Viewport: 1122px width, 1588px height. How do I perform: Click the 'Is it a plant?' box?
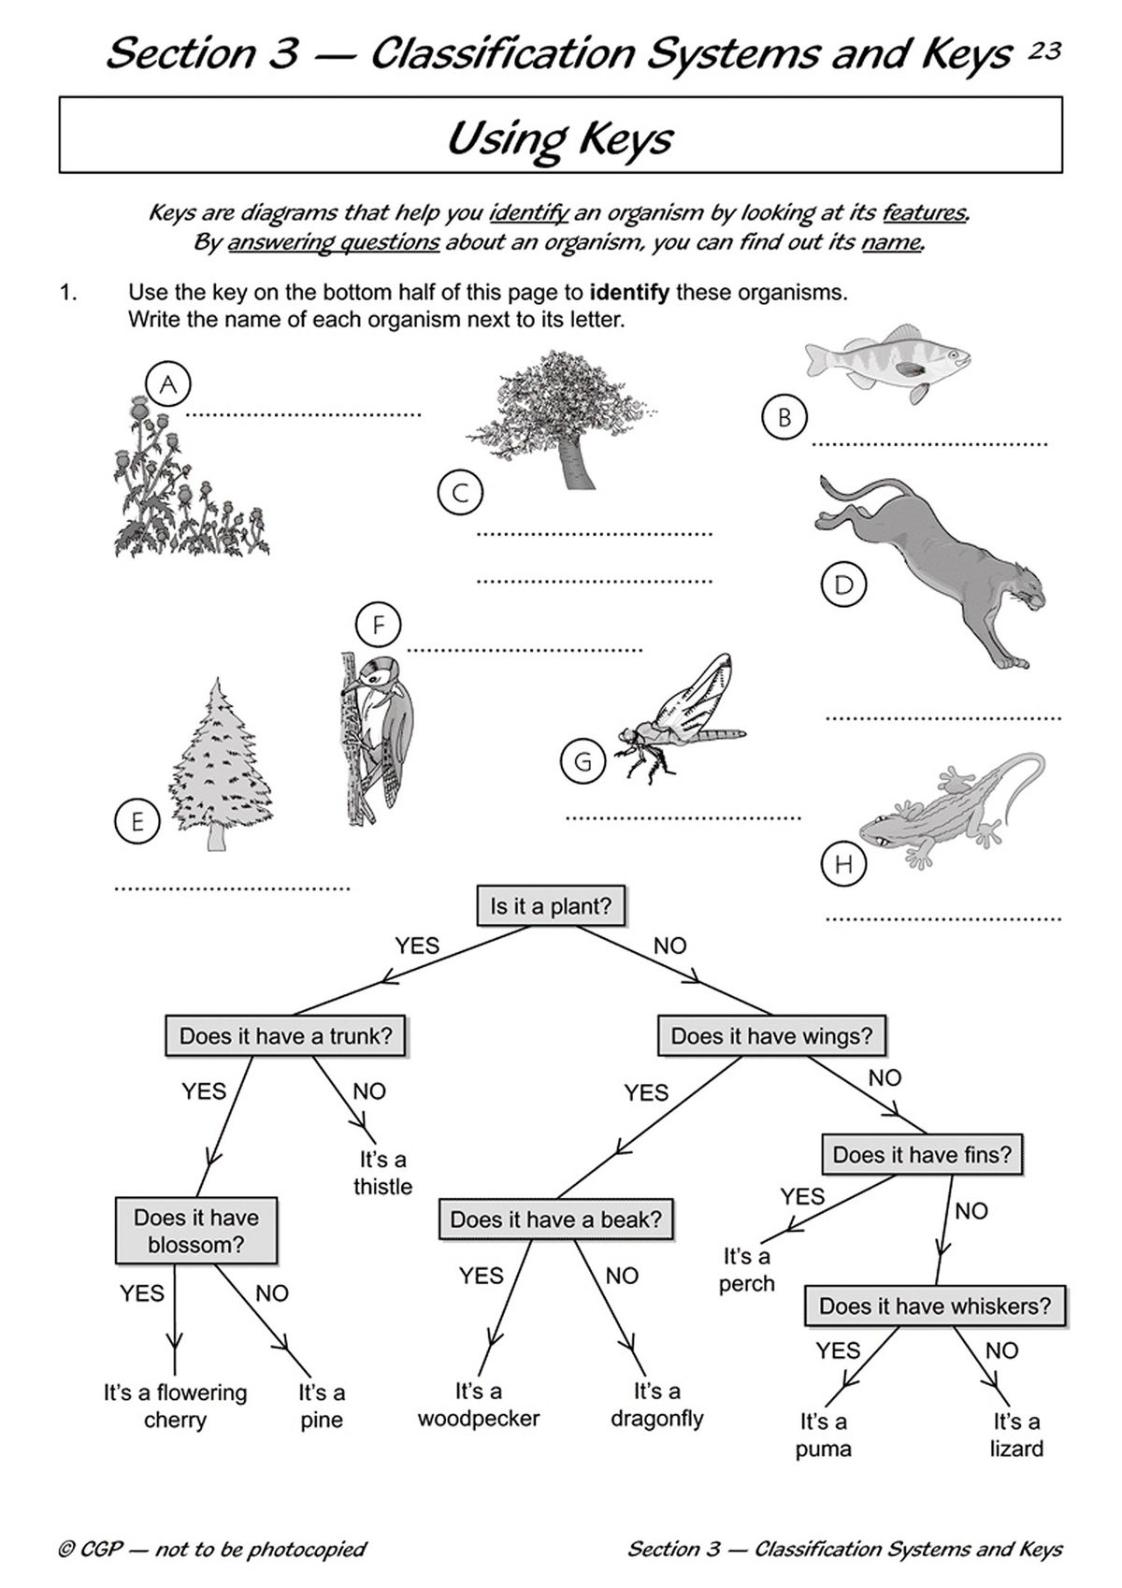[x=550, y=906]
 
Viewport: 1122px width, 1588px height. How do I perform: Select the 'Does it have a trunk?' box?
[x=285, y=1036]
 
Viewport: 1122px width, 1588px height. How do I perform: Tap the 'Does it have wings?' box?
[x=771, y=1036]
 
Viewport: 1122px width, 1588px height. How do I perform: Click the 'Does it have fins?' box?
[x=922, y=1155]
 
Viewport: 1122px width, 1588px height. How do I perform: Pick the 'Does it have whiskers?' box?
[x=934, y=1306]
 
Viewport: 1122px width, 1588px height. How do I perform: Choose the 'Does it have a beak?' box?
[x=555, y=1220]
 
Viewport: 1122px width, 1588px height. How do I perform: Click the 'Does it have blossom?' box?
[x=196, y=1231]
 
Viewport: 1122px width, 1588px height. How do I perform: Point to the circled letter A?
[x=168, y=383]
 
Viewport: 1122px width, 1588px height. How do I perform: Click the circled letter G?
[x=583, y=761]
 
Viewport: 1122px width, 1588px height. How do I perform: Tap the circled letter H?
[x=843, y=864]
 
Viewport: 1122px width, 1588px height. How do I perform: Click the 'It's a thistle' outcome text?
[x=382, y=1173]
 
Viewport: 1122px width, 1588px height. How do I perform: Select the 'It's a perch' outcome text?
[x=746, y=1269]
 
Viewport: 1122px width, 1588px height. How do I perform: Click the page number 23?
[x=1044, y=51]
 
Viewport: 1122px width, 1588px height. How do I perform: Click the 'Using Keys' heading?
[x=560, y=137]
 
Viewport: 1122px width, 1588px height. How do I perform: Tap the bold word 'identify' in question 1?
[x=629, y=292]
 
